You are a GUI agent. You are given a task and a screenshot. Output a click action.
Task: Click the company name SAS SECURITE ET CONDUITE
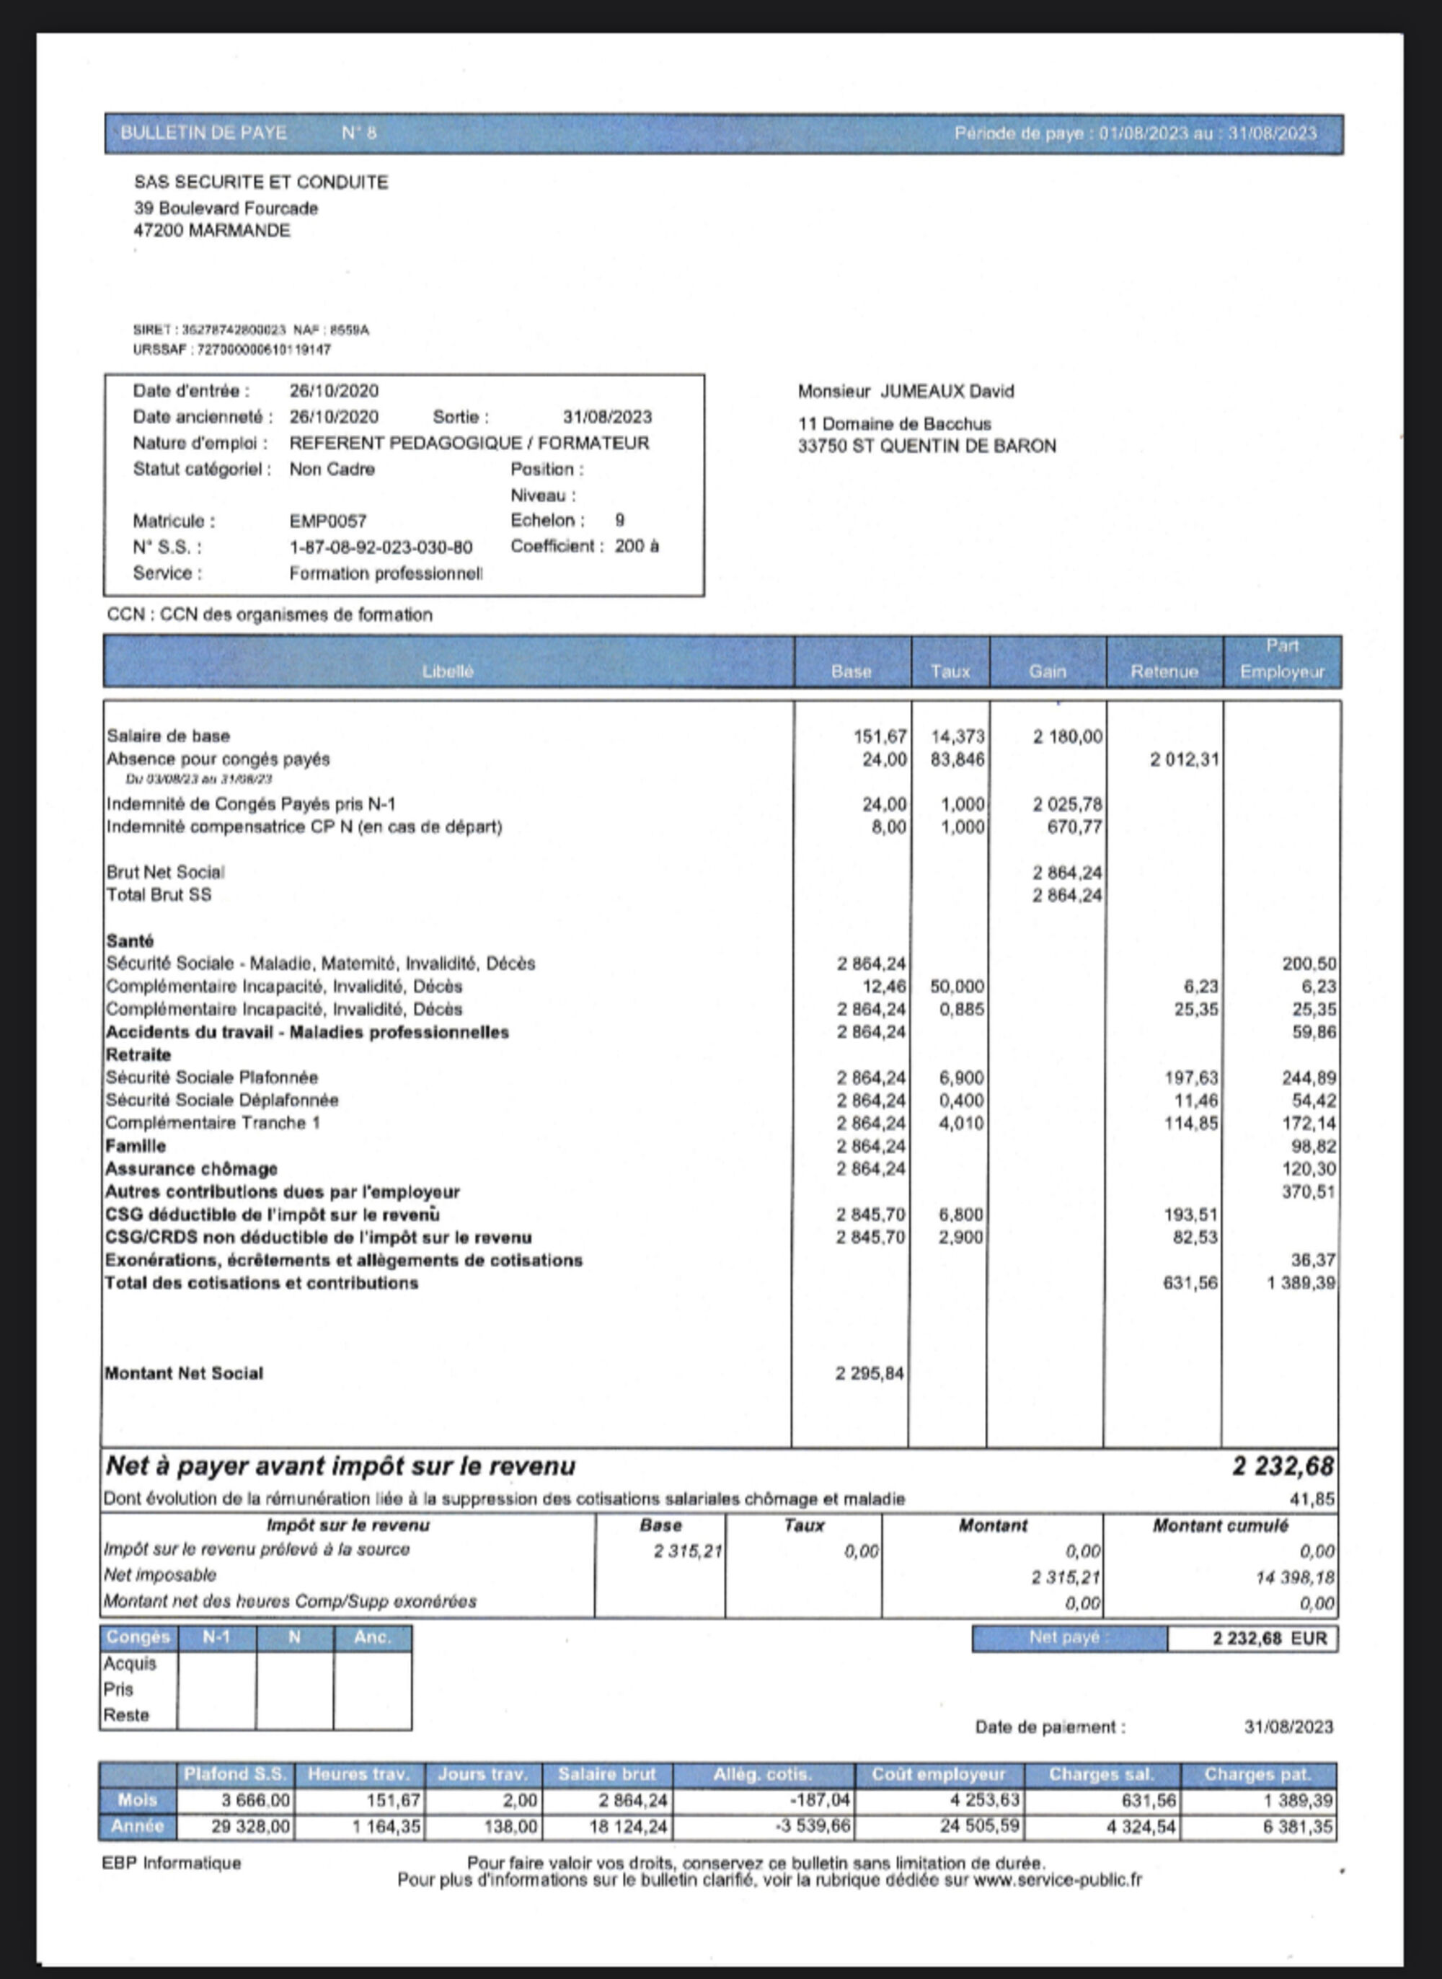260,182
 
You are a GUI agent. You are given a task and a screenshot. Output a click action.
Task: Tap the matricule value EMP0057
327,521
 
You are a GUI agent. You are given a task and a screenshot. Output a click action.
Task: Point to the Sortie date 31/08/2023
606,418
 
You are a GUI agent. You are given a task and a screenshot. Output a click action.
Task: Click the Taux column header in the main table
950,671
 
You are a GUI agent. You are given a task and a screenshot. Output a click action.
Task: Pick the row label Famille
136,1145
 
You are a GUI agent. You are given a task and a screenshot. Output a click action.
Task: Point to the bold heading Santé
130,940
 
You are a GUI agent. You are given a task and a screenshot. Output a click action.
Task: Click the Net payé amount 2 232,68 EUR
1269,1639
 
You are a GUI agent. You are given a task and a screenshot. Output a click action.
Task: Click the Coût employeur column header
938,1774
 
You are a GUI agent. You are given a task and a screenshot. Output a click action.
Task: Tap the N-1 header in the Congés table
216,1637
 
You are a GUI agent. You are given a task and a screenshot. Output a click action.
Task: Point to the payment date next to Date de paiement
1288,1727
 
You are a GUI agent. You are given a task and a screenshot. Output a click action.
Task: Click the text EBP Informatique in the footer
171,1863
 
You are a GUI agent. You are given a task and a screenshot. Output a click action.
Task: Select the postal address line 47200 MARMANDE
211,231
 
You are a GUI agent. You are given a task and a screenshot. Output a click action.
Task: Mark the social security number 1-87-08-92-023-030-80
381,547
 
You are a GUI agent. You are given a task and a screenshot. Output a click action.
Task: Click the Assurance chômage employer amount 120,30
1308,1169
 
